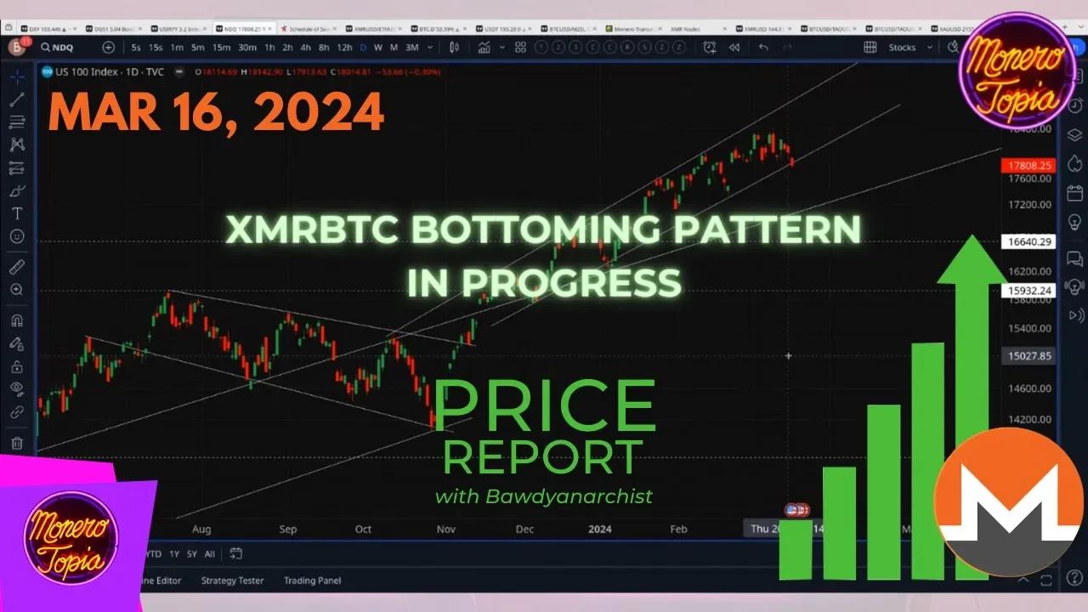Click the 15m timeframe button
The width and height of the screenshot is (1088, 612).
click(x=221, y=48)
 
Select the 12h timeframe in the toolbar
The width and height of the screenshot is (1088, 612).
click(x=344, y=48)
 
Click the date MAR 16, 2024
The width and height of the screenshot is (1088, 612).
click(x=216, y=112)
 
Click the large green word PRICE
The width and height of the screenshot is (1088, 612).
click(x=544, y=406)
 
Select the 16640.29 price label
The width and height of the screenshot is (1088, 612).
click(x=1028, y=241)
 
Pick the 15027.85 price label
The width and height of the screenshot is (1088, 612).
click(x=1028, y=356)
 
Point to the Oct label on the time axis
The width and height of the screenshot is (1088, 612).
click(x=363, y=529)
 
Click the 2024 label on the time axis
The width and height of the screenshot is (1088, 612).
click(x=600, y=529)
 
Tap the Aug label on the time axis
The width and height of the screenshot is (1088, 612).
click(x=201, y=529)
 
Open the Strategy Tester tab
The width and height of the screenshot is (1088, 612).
click(x=232, y=581)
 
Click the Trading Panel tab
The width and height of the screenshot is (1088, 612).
click(x=312, y=581)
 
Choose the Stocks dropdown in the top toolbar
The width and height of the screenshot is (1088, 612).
click(x=903, y=48)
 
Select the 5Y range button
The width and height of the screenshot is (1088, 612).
click(x=192, y=554)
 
